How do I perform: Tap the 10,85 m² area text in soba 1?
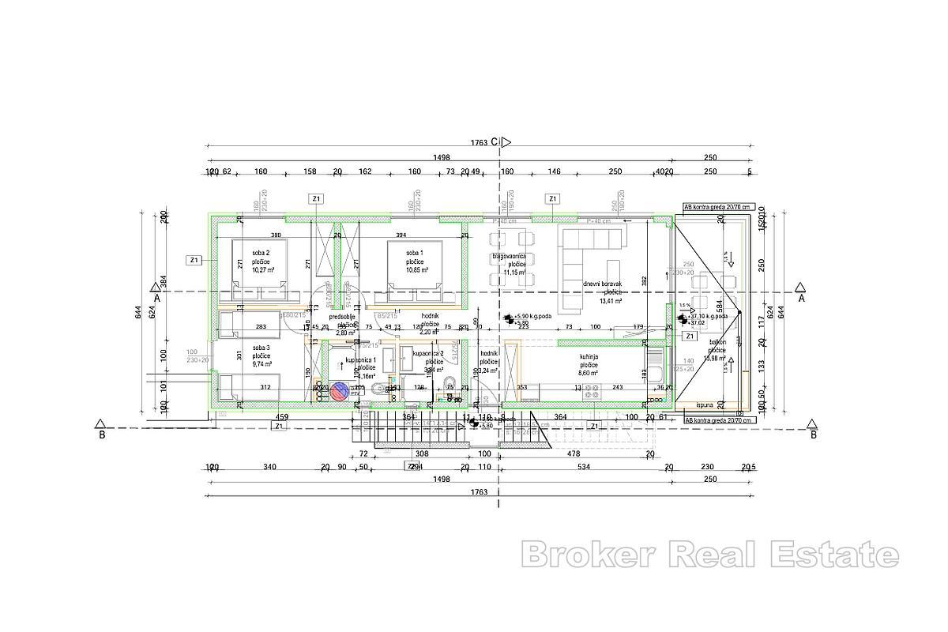pyautogui.click(x=416, y=269)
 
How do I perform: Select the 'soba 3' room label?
pyautogui.click(x=261, y=347)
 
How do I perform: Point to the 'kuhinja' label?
pyautogui.click(x=589, y=356)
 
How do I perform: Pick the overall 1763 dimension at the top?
pyautogui.click(x=479, y=143)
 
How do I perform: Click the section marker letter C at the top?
pyautogui.click(x=494, y=142)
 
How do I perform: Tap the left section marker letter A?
pyautogui.click(x=157, y=299)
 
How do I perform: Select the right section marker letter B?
pyautogui.click(x=814, y=434)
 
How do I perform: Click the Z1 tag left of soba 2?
pyautogui.click(x=194, y=260)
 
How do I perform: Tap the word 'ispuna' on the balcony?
pyautogui.click(x=705, y=404)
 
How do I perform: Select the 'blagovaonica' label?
pyautogui.click(x=510, y=256)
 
